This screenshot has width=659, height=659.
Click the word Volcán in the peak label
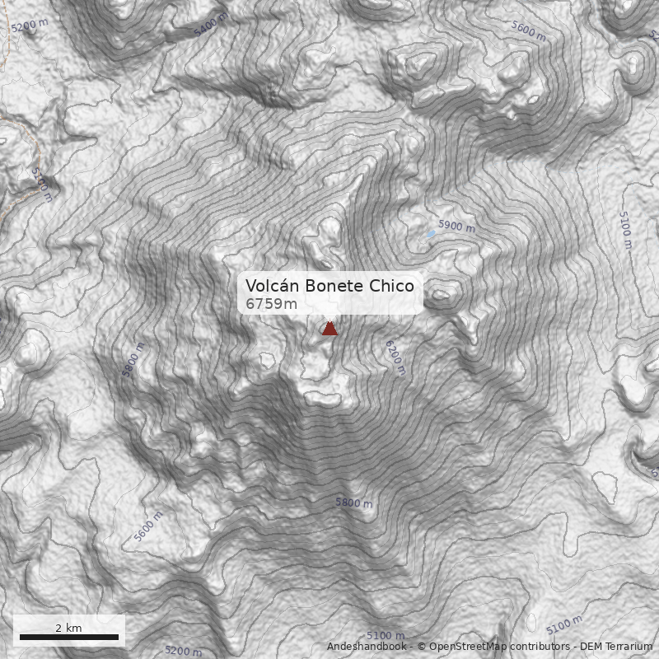(273, 286)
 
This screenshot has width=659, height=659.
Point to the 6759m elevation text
(271, 304)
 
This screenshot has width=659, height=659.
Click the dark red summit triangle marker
(329, 329)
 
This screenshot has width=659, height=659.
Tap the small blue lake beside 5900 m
(430, 234)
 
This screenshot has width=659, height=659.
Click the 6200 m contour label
(395, 359)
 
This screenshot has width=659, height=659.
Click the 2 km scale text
(68, 628)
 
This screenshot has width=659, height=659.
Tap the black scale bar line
(68, 637)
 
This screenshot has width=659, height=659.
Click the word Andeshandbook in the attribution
(367, 647)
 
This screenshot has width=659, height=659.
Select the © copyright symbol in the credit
(422, 647)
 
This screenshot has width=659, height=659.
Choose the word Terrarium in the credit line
(630, 647)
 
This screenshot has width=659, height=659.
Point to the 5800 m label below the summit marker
(353, 502)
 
